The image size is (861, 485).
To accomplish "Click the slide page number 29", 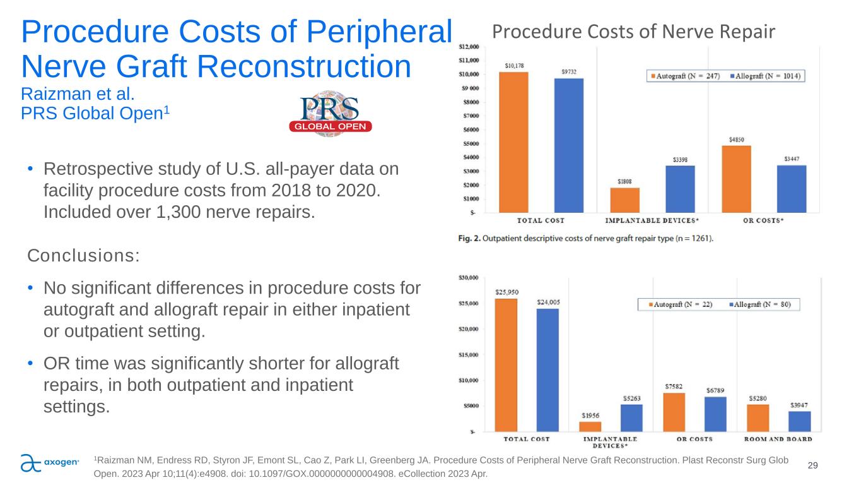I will coord(812,465).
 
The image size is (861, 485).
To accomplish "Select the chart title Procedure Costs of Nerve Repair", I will coord(633,31).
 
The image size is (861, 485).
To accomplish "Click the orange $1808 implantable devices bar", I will coord(624,200).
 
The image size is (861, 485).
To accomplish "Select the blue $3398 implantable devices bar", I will coord(680,189).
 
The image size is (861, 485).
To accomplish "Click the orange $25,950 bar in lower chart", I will coord(506,365).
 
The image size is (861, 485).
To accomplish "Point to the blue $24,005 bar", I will coord(548,370).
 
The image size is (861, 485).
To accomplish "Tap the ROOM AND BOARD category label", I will coord(778,439).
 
